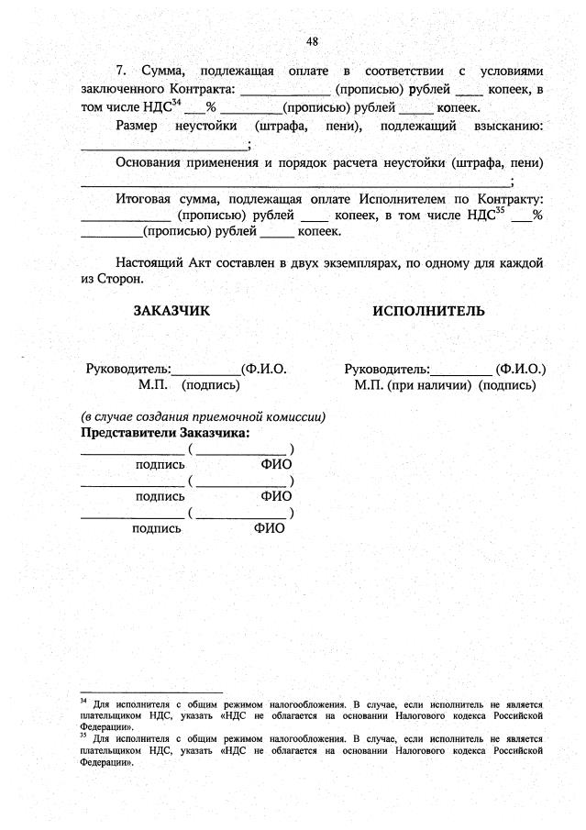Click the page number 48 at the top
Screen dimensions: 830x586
tap(313, 41)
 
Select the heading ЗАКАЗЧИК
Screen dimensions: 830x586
tap(171, 311)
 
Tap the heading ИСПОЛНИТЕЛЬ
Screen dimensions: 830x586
tap(428, 311)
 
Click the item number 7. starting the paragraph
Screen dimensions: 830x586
tap(123, 72)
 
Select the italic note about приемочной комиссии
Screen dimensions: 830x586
tap(202, 416)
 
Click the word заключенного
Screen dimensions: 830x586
tap(122, 89)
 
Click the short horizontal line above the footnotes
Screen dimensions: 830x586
tap(151, 692)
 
